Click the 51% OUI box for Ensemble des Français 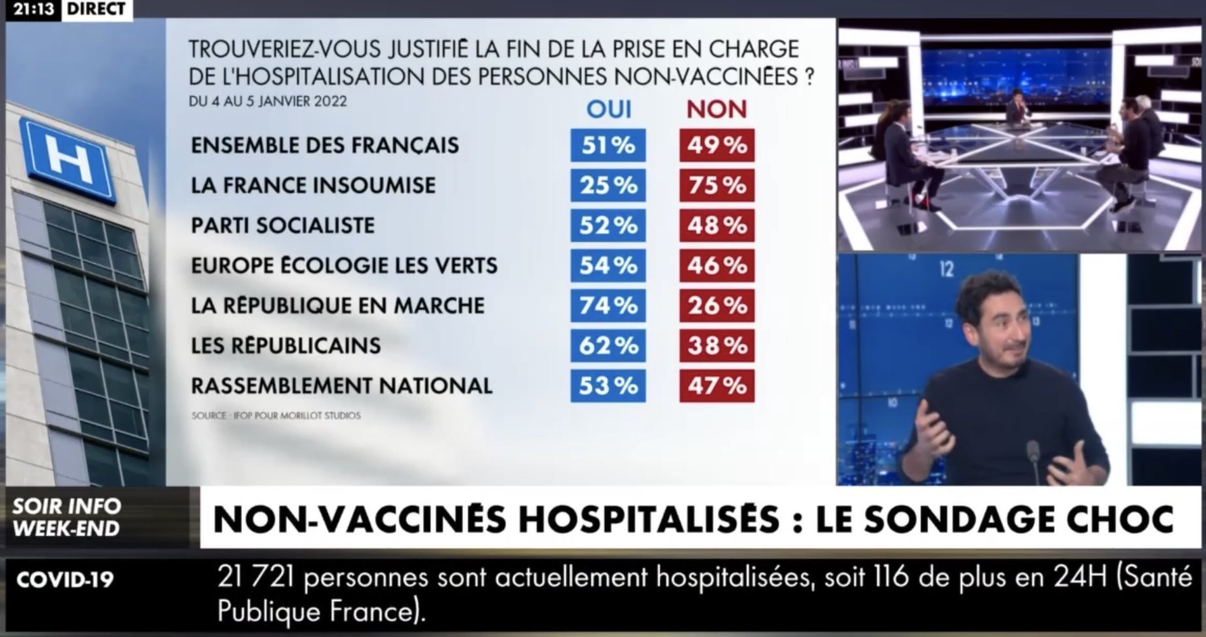coord(608,145)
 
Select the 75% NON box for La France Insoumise coord(716,186)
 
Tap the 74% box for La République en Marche coord(608,305)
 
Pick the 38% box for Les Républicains coord(716,345)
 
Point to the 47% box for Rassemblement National coord(716,386)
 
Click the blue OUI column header coord(609,109)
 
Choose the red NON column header coord(716,109)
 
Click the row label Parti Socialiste coord(283,225)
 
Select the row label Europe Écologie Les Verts coord(344,266)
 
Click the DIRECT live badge coord(96,9)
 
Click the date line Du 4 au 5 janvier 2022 coord(267,102)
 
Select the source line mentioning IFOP coord(276,416)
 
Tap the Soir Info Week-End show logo coord(66,517)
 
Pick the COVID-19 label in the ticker coord(65,580)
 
